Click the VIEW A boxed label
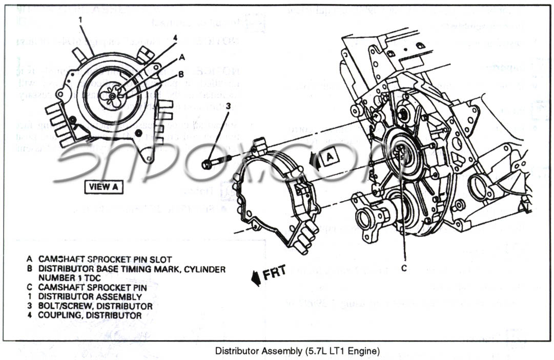click(x=104, y=186)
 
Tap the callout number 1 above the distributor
click(x=81, y=20)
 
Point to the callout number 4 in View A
click(x=175, y=38)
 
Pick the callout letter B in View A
click(x=180, y=74)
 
